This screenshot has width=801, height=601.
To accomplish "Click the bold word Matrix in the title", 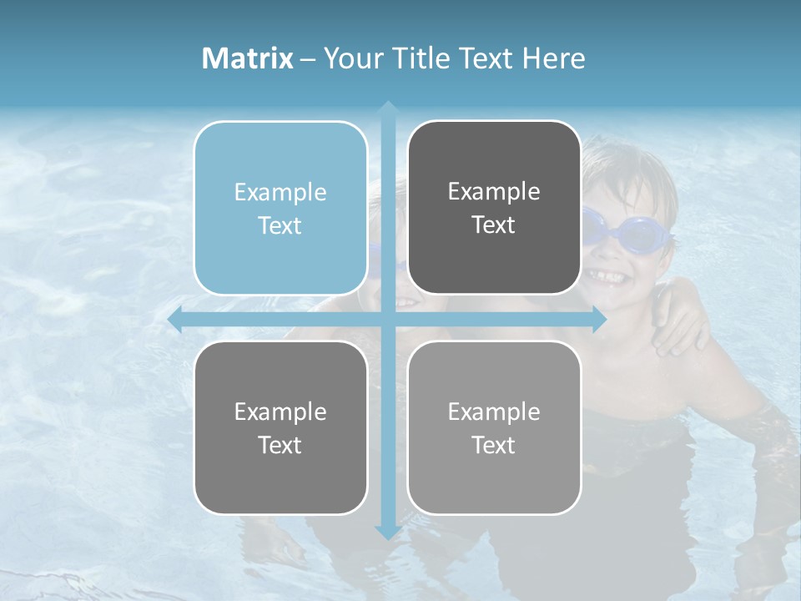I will coord(248,58).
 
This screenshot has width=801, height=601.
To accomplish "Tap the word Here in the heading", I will coord(553,58).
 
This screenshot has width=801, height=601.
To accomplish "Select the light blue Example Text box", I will coord(280,209).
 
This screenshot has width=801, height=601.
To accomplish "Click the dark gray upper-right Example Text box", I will coord(494,208).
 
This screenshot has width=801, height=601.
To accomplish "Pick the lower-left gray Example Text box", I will coord(280,427).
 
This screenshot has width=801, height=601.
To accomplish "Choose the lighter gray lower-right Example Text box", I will coord(494,427).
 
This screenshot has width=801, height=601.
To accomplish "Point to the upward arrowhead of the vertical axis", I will coord(387,108).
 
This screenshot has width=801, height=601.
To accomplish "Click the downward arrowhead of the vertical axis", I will coord(387,532).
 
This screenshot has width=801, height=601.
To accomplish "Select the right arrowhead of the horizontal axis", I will coord(598,320).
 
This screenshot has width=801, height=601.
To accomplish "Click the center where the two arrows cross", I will coord(387,320).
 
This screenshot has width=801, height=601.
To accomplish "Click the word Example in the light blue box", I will coord(280,193).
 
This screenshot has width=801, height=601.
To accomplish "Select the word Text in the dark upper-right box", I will coord(494,225).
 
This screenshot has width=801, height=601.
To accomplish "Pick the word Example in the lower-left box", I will coord(280,412).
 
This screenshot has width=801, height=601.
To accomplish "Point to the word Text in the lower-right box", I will coord(494,445).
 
